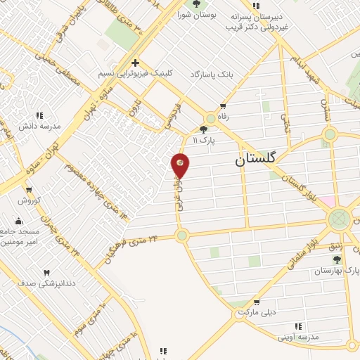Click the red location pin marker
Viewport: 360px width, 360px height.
pos(181,165)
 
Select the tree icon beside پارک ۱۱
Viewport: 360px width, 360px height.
pos(204,129)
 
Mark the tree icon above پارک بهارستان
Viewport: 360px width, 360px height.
pos(337,259)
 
